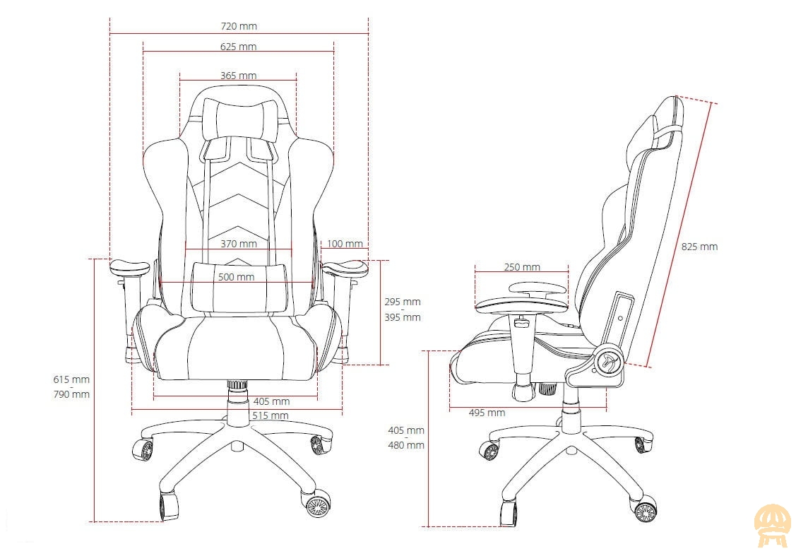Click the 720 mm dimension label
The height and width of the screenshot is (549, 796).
click(239, 26)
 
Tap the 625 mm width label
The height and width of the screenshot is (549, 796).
click(238, 47)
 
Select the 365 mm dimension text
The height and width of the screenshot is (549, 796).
click(238, 76)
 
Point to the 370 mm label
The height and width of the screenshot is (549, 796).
click(239, 244)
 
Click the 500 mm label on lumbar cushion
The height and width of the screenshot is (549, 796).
click(236, 277)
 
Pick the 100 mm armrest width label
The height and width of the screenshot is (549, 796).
click(345, 244)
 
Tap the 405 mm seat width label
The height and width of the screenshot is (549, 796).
click(272, 402)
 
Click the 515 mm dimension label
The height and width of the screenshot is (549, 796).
click(271, 415)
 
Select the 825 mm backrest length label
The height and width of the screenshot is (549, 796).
click(699, 247)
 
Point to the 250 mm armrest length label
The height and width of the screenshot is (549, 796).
click(522, 267)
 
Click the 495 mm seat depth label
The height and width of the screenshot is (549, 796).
click(487, 413)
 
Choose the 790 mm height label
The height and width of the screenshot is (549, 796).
click(71, 394)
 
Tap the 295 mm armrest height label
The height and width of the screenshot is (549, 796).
click(403, 302)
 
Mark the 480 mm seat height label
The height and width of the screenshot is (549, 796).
click(406, 445)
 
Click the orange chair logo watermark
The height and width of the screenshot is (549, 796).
click(772, 526)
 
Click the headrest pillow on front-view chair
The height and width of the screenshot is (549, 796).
click(242, 120)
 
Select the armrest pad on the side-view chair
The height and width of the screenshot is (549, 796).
click(521, 305)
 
